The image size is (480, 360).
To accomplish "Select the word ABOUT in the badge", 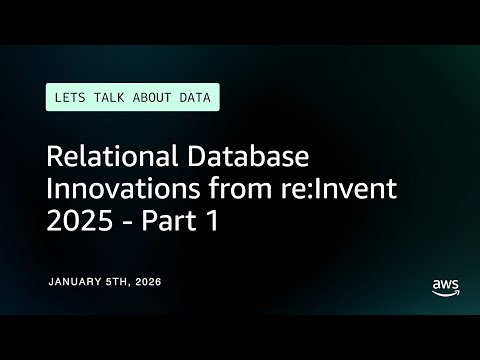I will (157, 97).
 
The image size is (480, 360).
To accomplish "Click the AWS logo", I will (445, 285).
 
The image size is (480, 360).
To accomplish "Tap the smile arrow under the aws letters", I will (445, 292).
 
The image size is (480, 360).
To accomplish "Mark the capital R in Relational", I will (56, 157).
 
